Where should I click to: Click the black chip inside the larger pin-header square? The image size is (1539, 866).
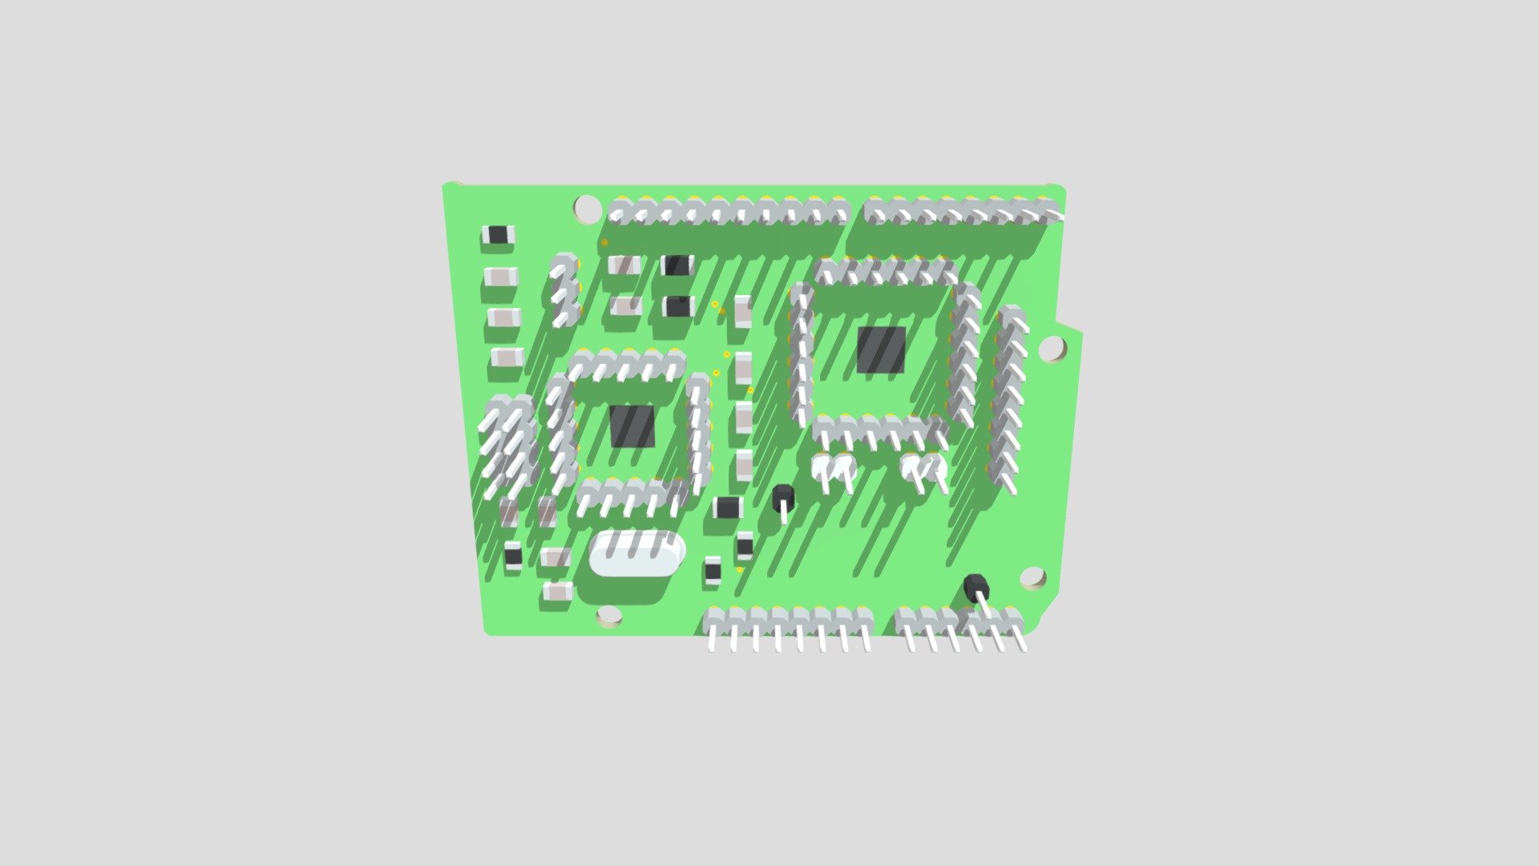click(881, 350)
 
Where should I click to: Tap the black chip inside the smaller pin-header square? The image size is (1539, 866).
click(632, 426)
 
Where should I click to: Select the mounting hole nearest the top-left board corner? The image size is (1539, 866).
click(588, 208)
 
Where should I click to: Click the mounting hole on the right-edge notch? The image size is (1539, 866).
click(1052, 348)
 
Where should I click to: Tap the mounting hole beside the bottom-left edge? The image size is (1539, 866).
click(609, 616)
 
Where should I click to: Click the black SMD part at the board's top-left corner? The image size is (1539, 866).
click(498, 235)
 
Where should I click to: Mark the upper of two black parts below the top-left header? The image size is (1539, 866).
click(677, 265)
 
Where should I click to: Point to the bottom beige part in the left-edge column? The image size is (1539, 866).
click(507, 357)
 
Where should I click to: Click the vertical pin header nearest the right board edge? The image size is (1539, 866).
click(1008, 393)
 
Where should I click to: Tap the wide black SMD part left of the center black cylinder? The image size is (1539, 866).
click(728, 507)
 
